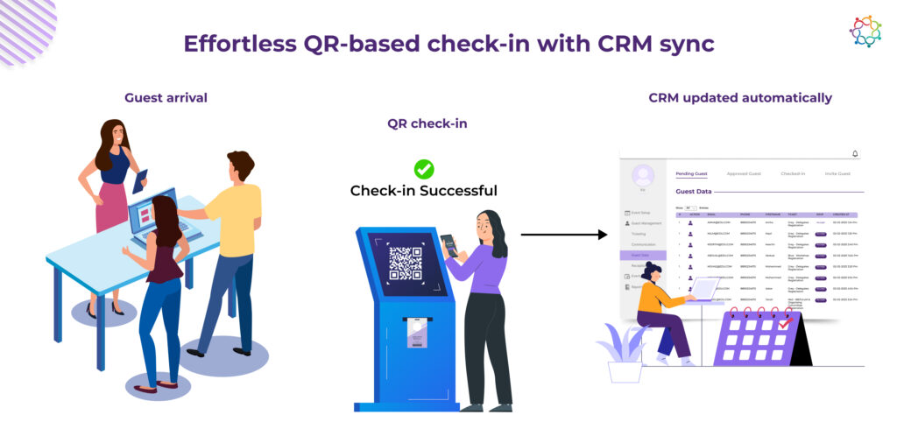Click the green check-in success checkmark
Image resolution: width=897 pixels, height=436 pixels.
(x=424, y=169)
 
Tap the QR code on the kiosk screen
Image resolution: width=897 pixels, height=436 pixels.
(x=406, y=264)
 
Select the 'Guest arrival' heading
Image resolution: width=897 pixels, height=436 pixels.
(x=166, y=97)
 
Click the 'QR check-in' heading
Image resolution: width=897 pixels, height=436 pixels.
(x=427, y=123)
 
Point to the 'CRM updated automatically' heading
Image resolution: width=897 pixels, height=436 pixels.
(x=740, y=97)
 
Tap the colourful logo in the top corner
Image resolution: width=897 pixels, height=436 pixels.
(x=865, y=31)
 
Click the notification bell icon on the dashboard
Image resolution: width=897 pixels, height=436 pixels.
(x=855, y=154)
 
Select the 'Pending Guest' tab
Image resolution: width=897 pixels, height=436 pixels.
(x=691, y=173)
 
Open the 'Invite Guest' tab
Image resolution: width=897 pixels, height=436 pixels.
(x=837, y=173)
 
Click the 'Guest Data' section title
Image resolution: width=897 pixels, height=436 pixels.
(x=693, y=190)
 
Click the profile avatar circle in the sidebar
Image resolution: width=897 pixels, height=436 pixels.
(x=644, y=175)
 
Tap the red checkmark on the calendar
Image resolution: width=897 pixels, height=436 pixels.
(x=785, y=323)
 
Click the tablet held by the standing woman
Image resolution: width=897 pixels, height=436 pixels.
(x=140, y=180)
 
